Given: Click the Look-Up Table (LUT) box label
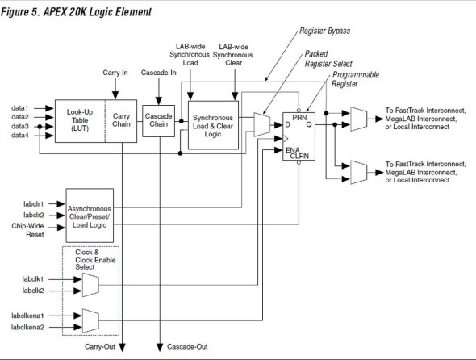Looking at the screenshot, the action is pyautogui.click(x=80, y=120).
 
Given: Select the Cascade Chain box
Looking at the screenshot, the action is pyautogui.click(x=158, y=121).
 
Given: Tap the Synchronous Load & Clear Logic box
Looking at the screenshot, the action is pyautogui.click(x=213, y=125).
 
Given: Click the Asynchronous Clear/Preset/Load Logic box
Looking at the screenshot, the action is pyautogui.click(x=90, y=216).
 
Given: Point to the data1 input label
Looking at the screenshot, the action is pyautogui.click(x=19, y=108).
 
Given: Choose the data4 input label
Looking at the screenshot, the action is pyautogui.click(x=20, y=135).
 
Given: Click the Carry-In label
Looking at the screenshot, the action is pyautogui.click(x=115, y=73).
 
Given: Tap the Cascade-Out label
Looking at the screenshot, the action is pyautogui.click(x=187, y=346).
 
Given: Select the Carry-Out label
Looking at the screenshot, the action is pyautogui.click(x=100, y=346).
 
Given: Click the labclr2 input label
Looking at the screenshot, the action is pyautogui.click(x=34, y=215).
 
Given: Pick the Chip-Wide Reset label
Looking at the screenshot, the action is pyautogui.click(x=28, y=230).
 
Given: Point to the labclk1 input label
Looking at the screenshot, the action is pyautogui.click(x=33, y=279).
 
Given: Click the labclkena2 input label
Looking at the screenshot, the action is pyautogui.click(x=27, y=327).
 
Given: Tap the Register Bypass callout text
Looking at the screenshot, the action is pyautogui.click(x=325, y=31).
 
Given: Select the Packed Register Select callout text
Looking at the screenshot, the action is pyautogui.click(x=328, y=59).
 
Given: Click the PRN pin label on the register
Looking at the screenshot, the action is pyautogui.click(x=299, y=118).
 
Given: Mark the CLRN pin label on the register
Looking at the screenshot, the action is pyautogui.click(x=299, y=156).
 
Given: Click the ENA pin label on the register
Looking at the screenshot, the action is pyautogui.click(x=293, y=150).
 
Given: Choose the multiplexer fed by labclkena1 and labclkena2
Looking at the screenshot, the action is pyautogui.click(x=90, y=321).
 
